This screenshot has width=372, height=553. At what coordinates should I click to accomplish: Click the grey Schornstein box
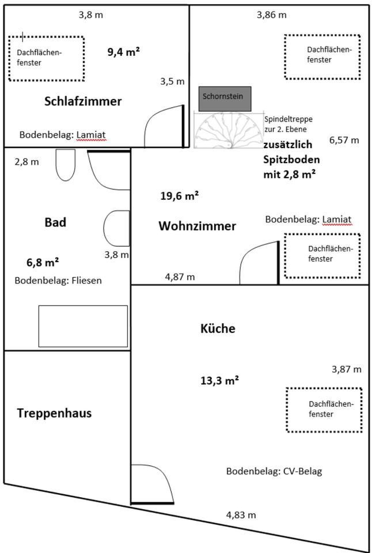225,99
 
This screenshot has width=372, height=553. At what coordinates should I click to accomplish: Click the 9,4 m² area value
124,52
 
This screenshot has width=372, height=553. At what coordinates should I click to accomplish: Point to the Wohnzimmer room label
197,226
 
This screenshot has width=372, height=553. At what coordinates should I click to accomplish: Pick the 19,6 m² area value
179,196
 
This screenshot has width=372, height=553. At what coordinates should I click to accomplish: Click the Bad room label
55,222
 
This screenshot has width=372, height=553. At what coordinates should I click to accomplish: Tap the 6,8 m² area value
43,263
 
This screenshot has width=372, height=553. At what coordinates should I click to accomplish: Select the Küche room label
218,329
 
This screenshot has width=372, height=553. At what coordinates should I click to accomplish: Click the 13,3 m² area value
219,380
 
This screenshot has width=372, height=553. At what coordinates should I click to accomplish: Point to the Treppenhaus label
54,413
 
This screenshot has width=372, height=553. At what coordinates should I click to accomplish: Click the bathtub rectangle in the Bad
83,326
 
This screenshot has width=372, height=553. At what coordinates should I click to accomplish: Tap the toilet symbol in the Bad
66,165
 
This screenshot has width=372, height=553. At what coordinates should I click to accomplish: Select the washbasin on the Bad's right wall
116,228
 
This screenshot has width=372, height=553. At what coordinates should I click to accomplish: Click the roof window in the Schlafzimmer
46,58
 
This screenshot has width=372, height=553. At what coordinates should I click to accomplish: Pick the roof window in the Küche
324,410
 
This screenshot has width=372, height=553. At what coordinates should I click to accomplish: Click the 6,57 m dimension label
344,140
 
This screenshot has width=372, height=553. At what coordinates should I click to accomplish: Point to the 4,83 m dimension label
241,515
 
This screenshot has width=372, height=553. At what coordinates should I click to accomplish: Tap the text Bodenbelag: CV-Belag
274,471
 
